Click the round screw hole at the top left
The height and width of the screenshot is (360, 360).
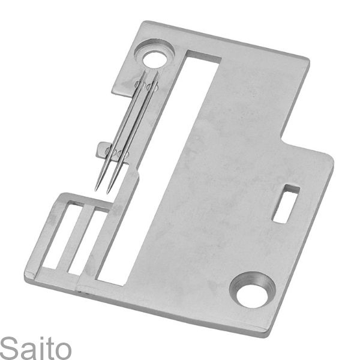pyautogui.click(x=155, y=58)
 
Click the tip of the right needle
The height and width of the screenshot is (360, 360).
pyautogui.click(x=109, y=191)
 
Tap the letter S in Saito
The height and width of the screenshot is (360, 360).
pyautogui.click(x=8, y=347)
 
